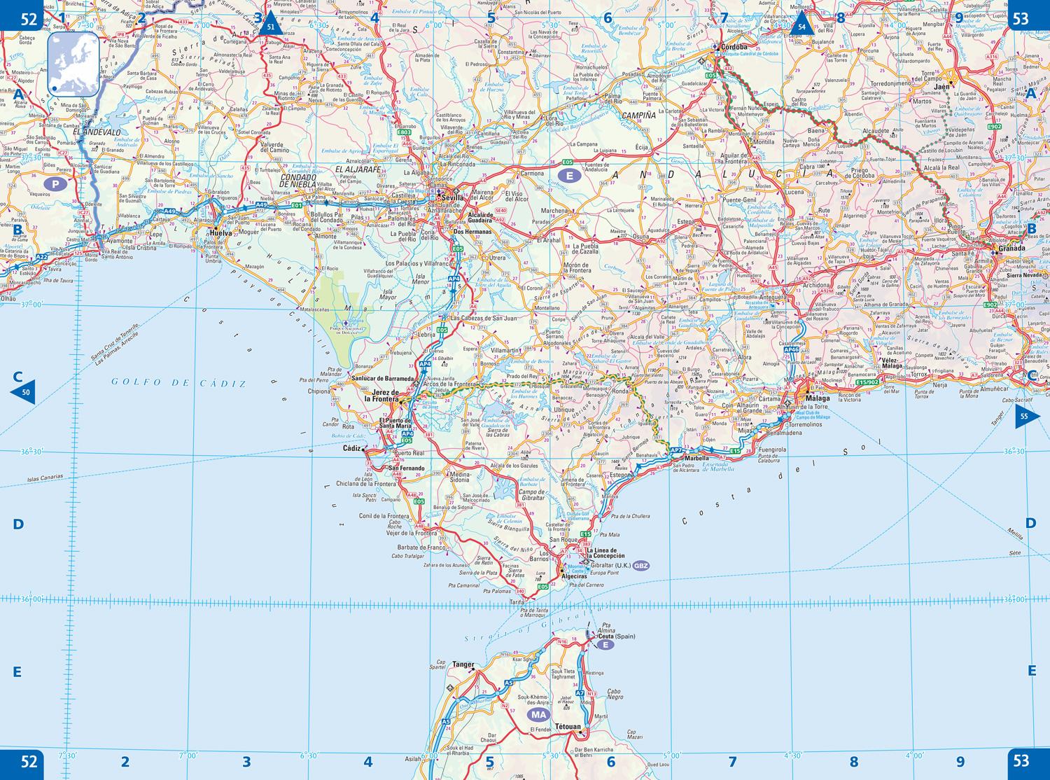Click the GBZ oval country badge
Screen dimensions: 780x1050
coord(642,566)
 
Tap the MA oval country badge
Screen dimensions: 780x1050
coord(538,715)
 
